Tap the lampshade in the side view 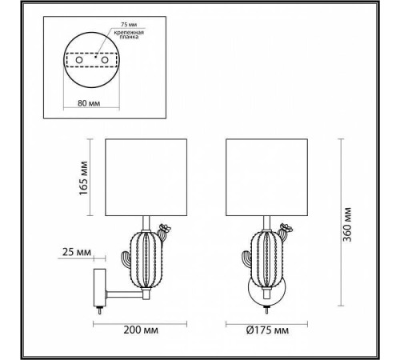[x=148, y=178]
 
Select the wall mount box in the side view [x=97, y=286]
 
